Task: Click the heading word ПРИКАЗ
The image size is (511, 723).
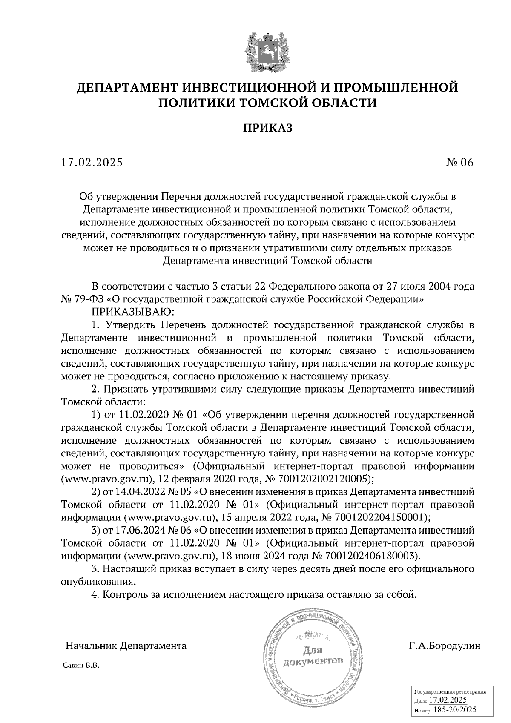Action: (268, 128)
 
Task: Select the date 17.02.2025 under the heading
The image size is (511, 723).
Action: (92, 162)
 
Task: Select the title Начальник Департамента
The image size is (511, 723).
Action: (126, 646)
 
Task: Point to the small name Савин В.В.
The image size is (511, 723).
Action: (81, 666)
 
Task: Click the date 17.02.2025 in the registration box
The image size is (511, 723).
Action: (448, 700)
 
